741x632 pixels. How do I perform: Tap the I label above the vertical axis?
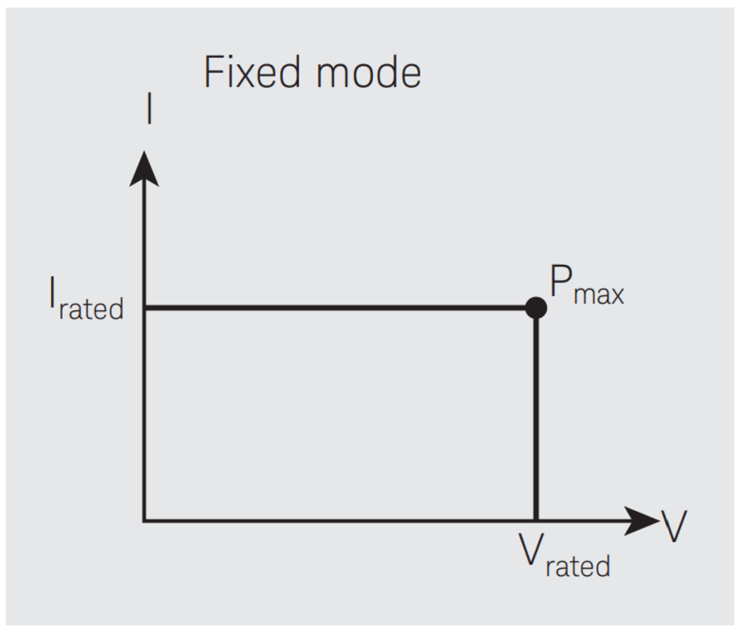(x=149, y=110)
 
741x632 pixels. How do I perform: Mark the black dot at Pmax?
(x=536, y=308)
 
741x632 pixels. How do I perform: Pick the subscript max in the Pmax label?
(x=599, y=294)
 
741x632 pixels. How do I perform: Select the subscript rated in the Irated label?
(x=91, y=309)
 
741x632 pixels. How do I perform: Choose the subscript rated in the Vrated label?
(x=577, y=566)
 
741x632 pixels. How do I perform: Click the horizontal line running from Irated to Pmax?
(x=338, y=308)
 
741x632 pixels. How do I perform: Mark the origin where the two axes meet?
(x=145, y=520)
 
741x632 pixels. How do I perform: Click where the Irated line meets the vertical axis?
(x=145, y=308)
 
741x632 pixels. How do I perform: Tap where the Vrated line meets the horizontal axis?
(x=536, y=520)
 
